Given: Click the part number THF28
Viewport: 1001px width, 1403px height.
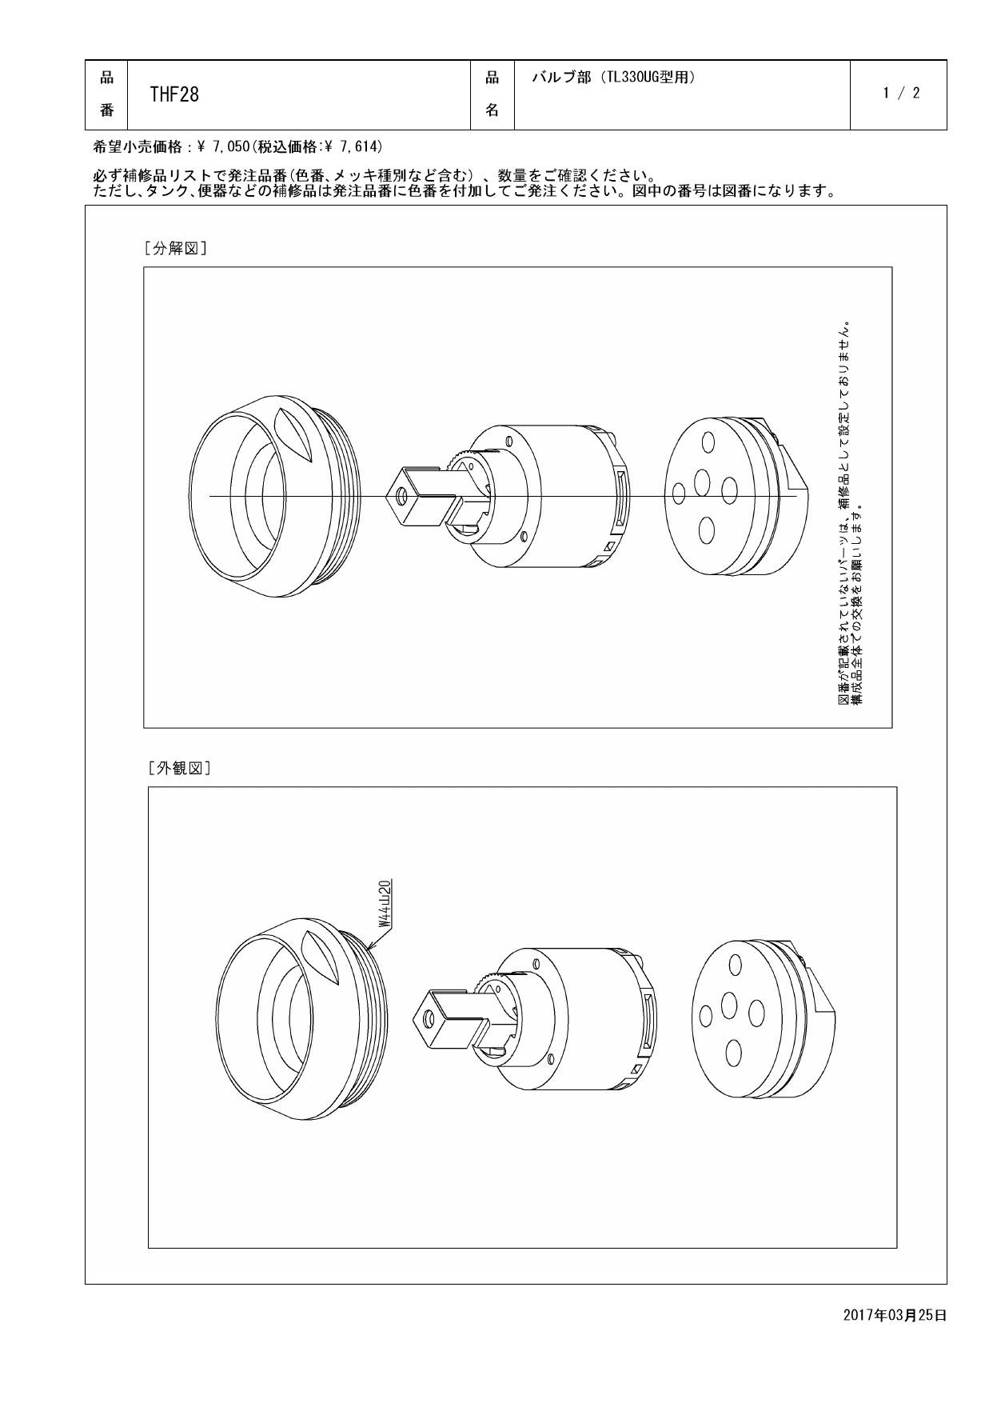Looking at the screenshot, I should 174,94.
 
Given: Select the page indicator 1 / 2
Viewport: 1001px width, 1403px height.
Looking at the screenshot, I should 901,93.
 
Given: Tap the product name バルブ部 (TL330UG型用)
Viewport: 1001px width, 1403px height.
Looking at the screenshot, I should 613,78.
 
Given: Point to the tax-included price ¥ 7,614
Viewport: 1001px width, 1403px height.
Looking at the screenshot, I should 352,146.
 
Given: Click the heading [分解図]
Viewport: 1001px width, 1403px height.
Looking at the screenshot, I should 175,248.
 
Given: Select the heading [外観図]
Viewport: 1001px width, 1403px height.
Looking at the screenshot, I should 178,768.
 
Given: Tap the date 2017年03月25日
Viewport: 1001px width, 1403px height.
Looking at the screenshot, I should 895,1315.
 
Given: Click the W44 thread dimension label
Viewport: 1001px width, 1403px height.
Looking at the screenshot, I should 385,902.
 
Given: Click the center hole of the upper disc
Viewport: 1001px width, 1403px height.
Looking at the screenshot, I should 703,482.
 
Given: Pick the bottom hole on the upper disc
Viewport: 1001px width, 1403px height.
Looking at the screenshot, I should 706,530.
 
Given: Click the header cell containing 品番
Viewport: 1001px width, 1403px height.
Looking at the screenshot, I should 106,94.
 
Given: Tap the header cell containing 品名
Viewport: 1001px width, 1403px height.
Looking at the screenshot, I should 493,94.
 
